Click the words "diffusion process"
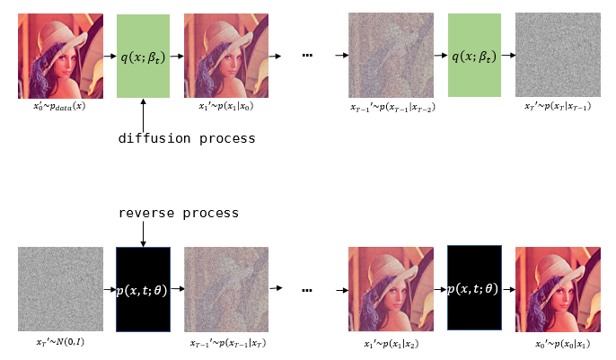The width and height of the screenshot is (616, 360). pos(187,138)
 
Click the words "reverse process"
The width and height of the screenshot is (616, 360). pos(179,213)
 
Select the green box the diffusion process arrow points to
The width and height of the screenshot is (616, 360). pos(144,56)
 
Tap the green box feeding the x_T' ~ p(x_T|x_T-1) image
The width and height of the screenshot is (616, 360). pos(474,56)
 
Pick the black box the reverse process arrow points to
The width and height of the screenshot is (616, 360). pos(144,288)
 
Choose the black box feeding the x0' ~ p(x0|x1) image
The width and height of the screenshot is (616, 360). pos(474,288)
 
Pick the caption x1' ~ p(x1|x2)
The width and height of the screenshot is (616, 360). pos(389,342)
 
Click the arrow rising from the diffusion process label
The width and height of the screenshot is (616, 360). pos(144,114)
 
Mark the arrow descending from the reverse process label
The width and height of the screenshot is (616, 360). pos(144,233)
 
